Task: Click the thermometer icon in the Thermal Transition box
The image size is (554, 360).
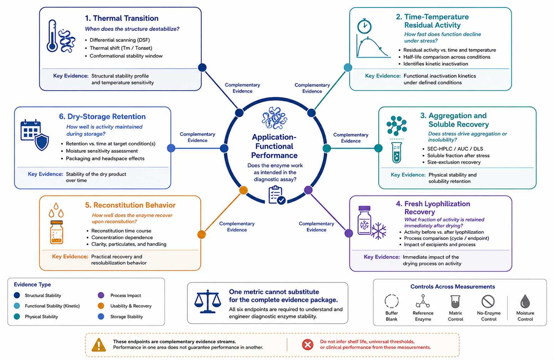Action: (x=52, y=36)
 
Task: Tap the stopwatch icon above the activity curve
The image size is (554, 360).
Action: (x=364, y=26)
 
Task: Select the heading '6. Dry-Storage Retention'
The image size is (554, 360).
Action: (x=102, y=116)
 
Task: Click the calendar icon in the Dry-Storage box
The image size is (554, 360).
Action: (x=31, y=130)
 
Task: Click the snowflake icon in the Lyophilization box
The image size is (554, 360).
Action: (x=378, y=231)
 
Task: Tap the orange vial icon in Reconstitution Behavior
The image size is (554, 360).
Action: (x=57, y=232)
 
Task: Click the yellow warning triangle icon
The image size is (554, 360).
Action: (x=99, y=345)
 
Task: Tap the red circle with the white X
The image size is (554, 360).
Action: (x=308, y=345)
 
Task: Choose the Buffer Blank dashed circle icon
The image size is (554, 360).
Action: (x=392, y=301)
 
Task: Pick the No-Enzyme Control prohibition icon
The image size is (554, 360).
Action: (x=488, y=301)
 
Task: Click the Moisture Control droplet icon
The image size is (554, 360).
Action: (x=525, y=301)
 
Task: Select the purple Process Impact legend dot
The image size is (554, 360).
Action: (x=101, y=295)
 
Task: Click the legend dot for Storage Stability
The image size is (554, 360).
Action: (x=101, y=317)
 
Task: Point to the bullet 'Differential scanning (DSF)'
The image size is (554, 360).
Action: (x=120, y=40)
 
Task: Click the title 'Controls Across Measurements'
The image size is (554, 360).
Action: (x=453, y=287)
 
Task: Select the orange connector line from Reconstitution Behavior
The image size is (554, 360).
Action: (x=223, y=212)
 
